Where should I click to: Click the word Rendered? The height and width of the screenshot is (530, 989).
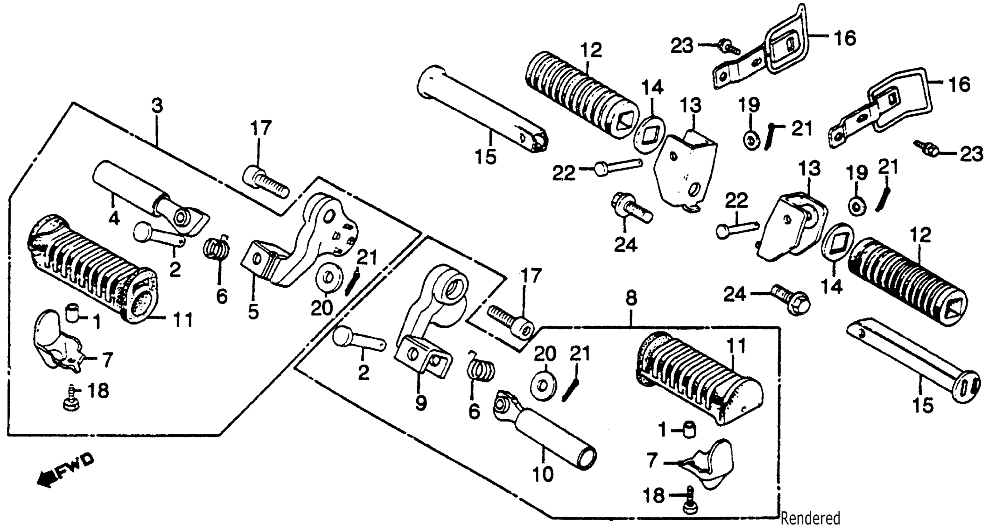click(810, 518)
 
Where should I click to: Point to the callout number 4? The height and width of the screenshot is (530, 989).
click(114, 219)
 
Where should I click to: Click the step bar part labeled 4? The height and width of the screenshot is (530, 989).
click(150, 200)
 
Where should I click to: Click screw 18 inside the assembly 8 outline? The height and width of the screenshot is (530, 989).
click(690, 503)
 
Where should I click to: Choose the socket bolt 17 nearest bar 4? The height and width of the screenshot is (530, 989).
click(265, 184)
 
